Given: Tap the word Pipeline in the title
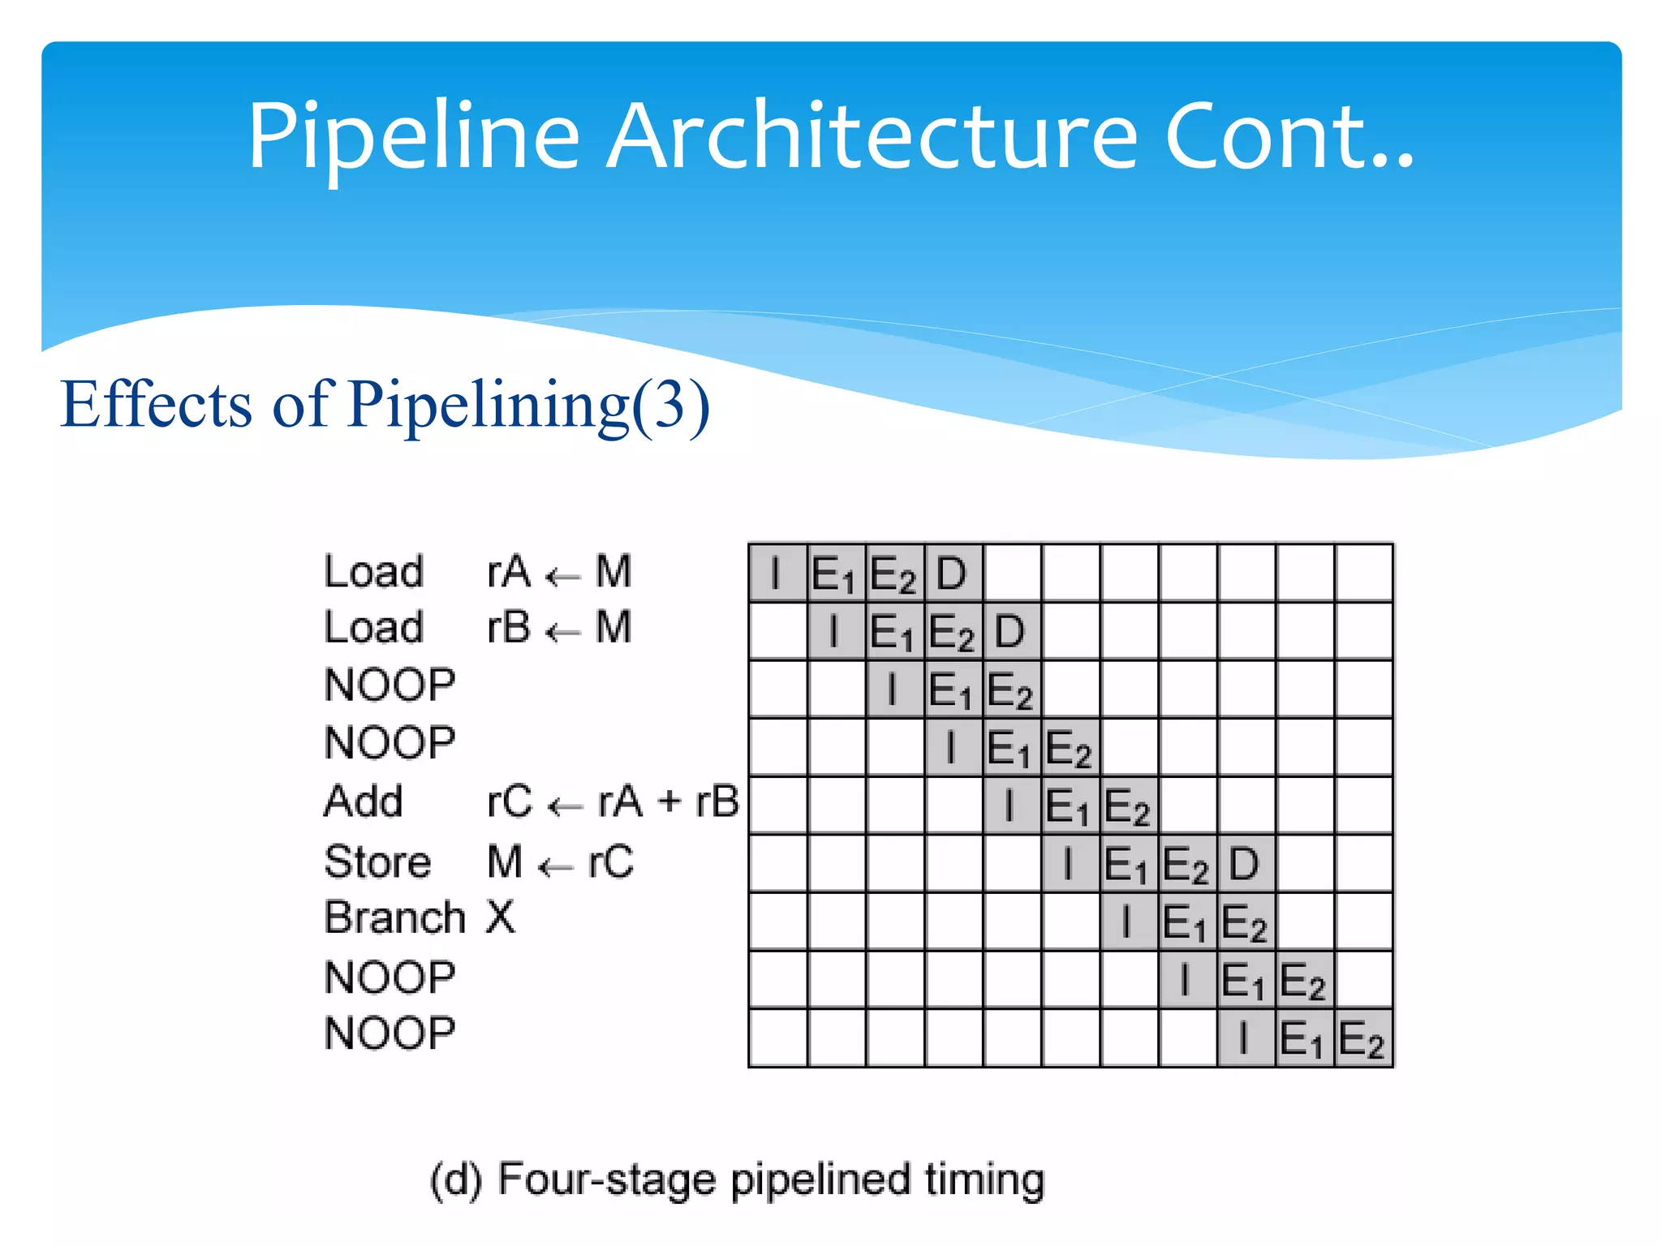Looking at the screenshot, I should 414,138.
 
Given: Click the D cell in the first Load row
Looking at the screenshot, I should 953,573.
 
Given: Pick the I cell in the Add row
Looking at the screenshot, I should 1010,806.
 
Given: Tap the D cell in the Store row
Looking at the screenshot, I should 1245,864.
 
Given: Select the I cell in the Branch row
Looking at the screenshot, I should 1127,922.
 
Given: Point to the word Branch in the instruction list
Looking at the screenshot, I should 394,918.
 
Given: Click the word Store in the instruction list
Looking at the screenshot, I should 377,861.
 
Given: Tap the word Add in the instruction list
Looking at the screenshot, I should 364,801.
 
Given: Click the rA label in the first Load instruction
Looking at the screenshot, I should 509,571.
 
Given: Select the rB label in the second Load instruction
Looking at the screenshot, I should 509,628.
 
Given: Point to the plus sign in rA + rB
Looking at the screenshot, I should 670,801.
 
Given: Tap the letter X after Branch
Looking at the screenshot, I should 501,918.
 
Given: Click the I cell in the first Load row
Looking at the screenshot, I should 777,573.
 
